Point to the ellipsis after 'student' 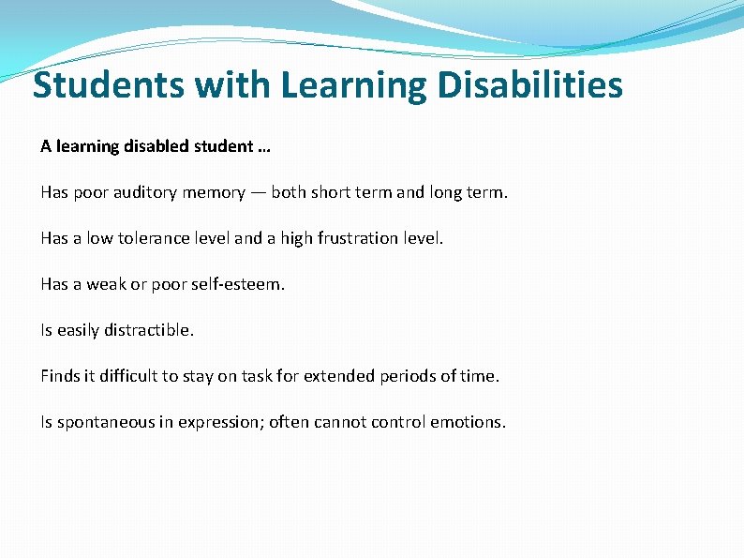click(262, 148)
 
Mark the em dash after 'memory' click(258, 192)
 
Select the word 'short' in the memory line click(332, 192)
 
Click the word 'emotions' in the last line click(467, 422)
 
